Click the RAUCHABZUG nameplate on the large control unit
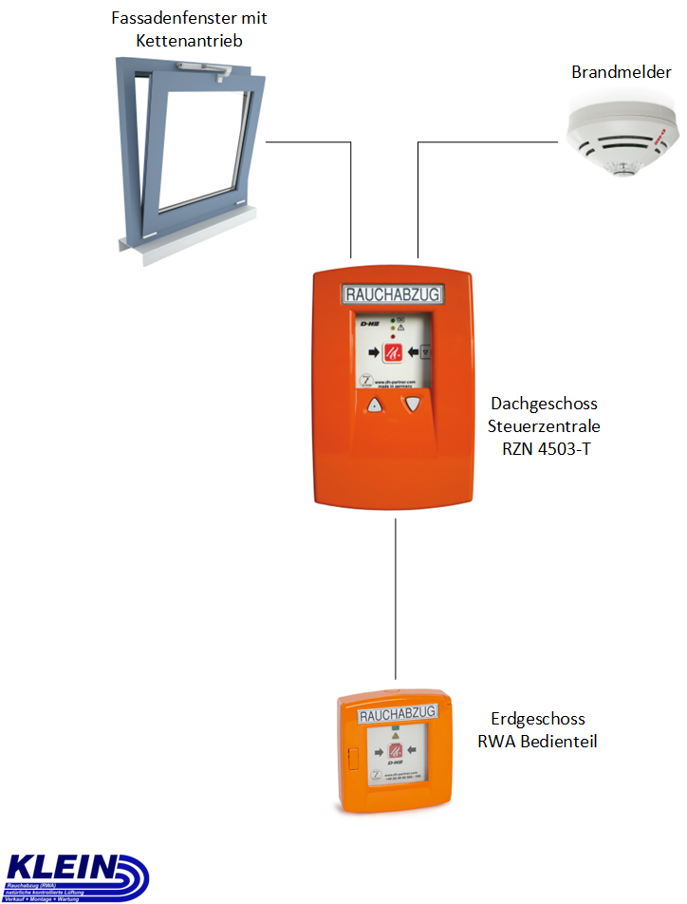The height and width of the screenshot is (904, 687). pos(392,295)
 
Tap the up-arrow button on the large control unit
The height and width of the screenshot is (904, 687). pos(373,406)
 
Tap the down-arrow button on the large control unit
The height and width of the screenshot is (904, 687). pos(412,405)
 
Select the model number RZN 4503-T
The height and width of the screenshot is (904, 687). pos(546,449)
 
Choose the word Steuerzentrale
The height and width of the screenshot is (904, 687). pos(544,426)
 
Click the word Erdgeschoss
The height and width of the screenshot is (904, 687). pos(537,719)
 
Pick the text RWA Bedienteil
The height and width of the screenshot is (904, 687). pos(537,742)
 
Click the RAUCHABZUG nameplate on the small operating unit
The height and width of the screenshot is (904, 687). pos(399,713)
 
